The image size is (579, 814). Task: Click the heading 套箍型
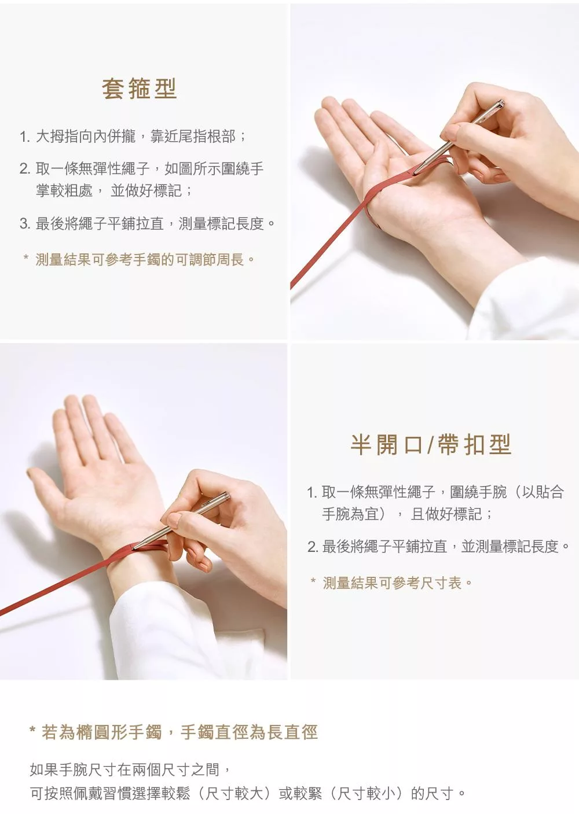point(140,89)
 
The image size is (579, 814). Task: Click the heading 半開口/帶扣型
point(431,444)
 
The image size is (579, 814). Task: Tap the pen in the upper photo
point(459,137)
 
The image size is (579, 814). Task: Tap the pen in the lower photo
point(181,520)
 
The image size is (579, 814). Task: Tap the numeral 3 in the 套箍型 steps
point(24,223)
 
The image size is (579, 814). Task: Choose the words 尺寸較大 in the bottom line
point(234,793)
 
